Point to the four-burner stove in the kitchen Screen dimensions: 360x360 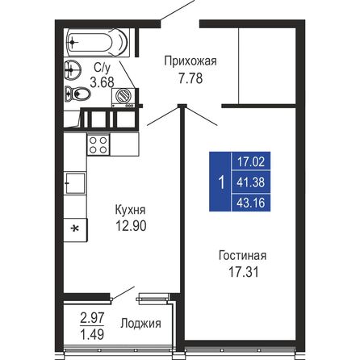point(98,145)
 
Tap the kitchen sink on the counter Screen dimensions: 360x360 point(74,184)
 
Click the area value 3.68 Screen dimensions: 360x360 point(102,82)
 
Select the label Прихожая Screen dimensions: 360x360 point(190,61)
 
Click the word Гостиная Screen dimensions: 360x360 point(242,256)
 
